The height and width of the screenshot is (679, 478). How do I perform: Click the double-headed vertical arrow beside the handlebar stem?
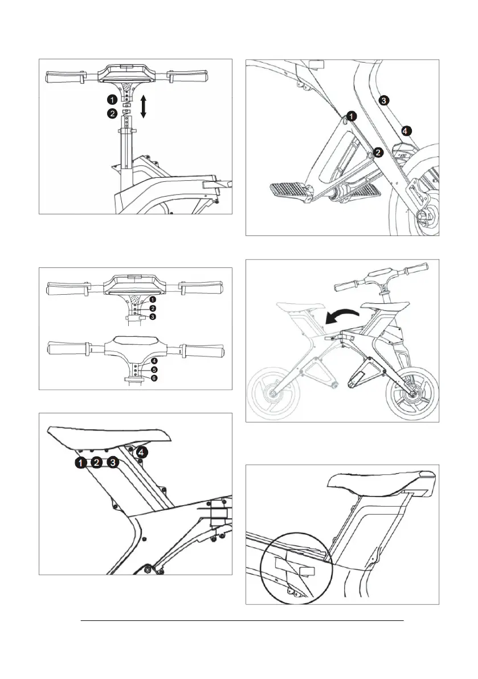click(x=143, y=107)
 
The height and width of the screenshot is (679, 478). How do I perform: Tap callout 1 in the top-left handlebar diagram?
click(x=113, y=100)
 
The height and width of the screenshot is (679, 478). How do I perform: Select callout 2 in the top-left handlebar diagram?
click(x=113, y=113)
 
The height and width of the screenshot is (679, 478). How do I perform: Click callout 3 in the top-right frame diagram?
click(x=385, y=100)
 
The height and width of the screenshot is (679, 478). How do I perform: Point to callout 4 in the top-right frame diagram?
click(x=405, y=131)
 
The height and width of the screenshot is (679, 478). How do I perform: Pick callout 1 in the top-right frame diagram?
click(x=353, y=116)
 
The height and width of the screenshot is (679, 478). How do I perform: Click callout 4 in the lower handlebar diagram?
click(x=154, y=361)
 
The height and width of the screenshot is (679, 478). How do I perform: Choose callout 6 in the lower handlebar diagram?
click(x=154, y=377)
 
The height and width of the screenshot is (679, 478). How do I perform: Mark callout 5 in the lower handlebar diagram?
click(x=154, y=369)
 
